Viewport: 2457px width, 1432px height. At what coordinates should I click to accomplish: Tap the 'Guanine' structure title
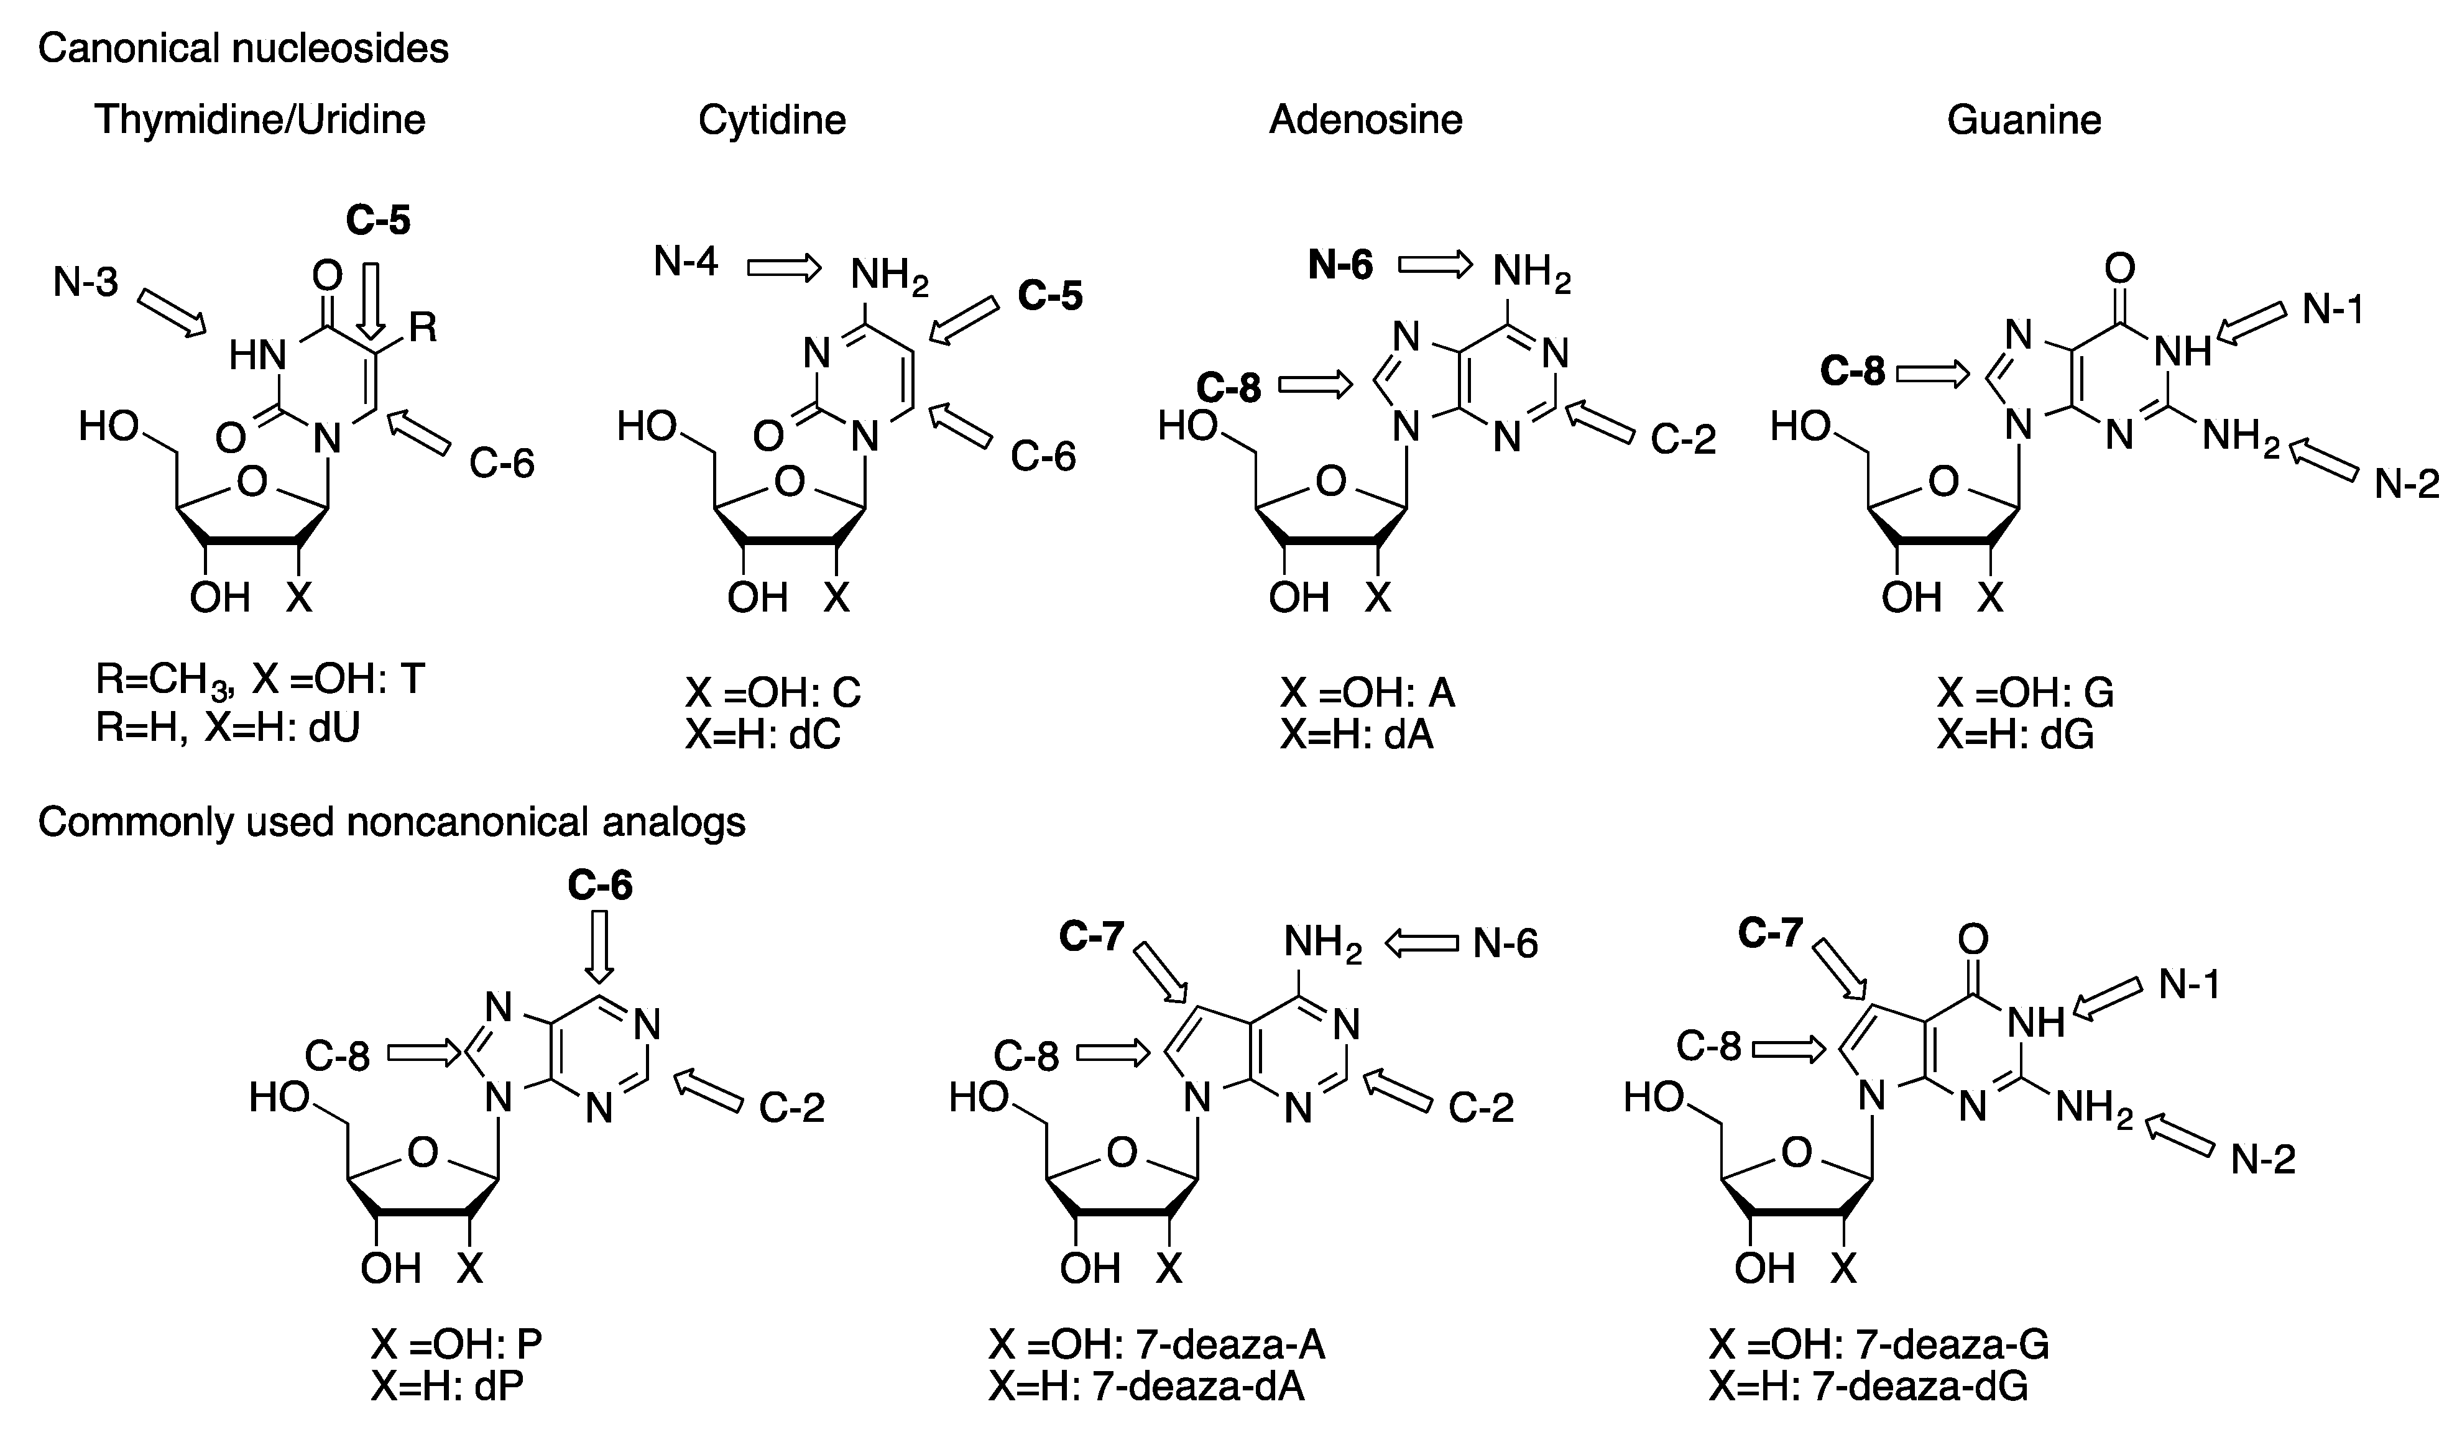[x=2023, y=120]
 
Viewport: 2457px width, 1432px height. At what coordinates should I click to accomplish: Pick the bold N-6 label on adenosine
[x=1340, y=265]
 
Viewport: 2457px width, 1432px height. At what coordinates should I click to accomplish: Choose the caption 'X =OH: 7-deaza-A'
[x=1156, y=1345]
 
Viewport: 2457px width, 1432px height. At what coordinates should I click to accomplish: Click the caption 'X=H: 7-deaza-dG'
[x=1867, y=1386]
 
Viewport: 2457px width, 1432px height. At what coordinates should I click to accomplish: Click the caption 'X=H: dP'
[x=446, y=1386]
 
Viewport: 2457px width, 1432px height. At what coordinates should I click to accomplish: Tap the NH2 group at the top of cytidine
[x=889, y=277]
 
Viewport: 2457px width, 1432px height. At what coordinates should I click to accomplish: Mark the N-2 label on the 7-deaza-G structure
[x=2263, y=1159]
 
